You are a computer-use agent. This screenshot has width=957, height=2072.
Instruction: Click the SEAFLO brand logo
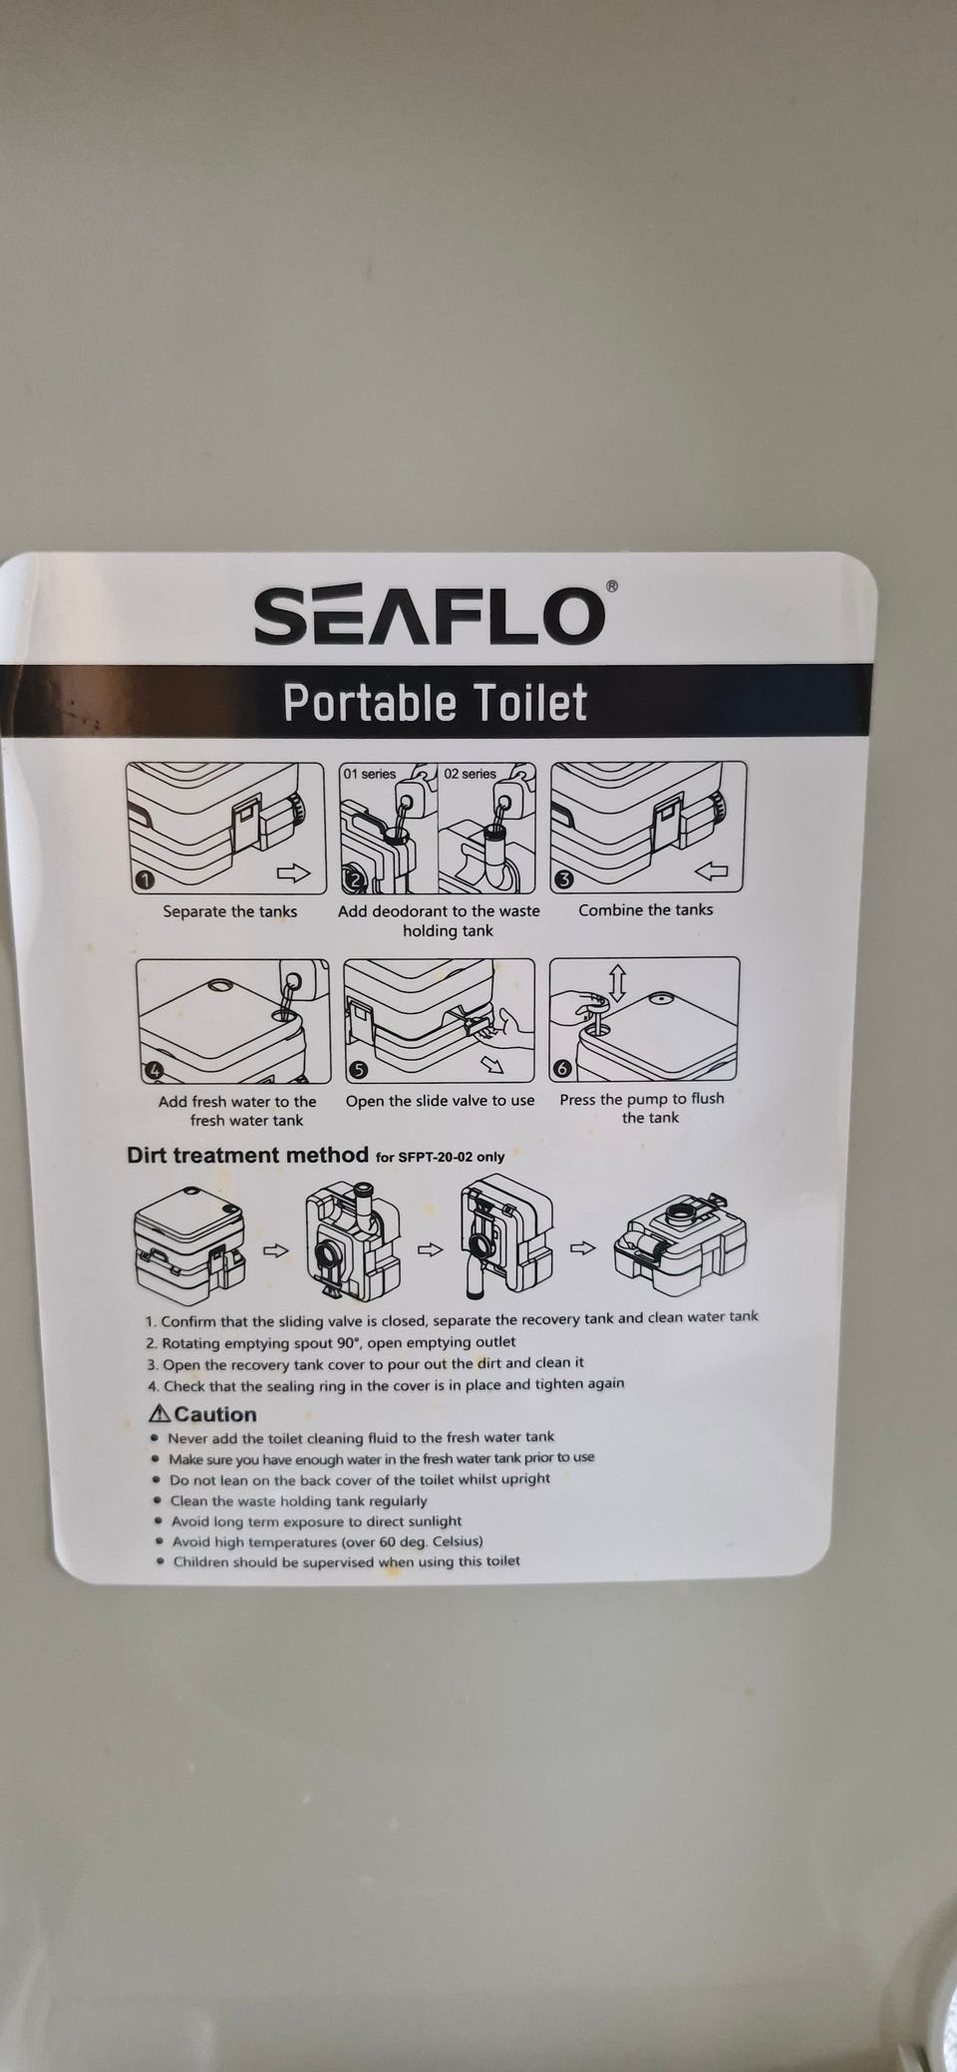coord(430,616)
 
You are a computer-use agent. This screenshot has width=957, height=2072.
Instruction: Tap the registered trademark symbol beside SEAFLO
coord(612,586)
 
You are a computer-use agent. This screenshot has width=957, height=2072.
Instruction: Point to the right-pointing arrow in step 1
coord(293,873)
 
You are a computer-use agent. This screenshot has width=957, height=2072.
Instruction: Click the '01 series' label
coord(370,774)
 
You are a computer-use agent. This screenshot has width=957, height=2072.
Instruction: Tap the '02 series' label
coord(470,774)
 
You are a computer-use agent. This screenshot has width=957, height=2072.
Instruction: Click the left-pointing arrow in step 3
coord(712,871)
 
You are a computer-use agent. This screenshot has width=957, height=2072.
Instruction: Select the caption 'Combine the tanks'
coord(646,909)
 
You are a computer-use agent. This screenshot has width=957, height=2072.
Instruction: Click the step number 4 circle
coord(154,1071)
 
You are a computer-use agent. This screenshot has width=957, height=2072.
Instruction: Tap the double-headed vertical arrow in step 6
coord(617,983)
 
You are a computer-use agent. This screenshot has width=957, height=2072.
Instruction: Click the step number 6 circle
coord(562,1069)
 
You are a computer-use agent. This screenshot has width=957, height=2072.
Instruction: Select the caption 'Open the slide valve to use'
coord(440,1101)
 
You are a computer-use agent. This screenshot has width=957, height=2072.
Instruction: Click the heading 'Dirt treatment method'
coord(247,1155)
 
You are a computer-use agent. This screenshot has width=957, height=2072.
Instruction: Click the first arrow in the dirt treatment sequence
coord(275,1250)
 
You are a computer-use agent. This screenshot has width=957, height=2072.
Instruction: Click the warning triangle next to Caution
coord(159,1413)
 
